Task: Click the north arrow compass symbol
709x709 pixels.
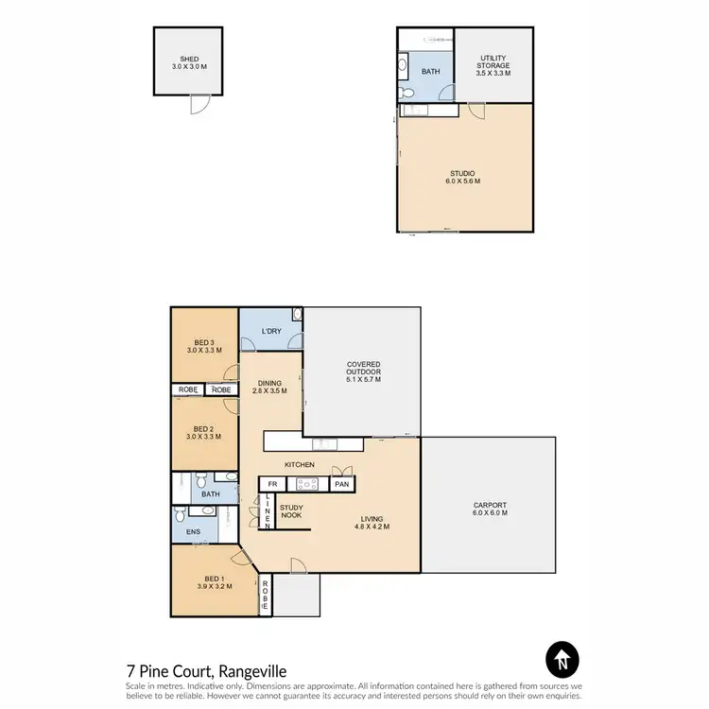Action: tap(562, 659)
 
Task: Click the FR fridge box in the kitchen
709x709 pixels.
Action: tap(273, 484)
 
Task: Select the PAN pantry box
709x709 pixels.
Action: tap(341, 484)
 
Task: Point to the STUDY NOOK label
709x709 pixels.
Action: tap(291, 511)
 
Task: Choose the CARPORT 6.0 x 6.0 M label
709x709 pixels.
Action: tap(490, 509)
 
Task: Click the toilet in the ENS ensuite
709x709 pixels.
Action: tap(180, 517)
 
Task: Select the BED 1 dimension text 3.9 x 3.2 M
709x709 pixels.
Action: tap(213, 586)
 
